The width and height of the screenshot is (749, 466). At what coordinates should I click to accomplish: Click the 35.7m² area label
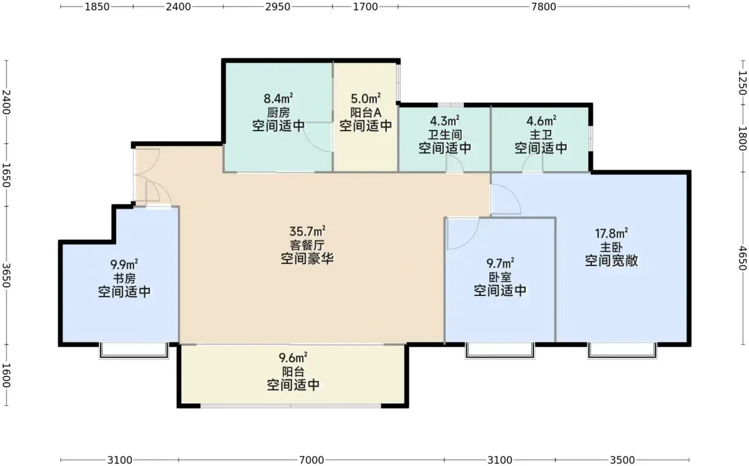307,231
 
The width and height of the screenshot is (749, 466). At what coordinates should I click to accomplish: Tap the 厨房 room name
278,112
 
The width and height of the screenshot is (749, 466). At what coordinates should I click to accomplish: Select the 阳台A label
366,112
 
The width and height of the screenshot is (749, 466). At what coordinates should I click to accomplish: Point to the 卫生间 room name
445,135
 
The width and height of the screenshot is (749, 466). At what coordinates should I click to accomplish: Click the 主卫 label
541,135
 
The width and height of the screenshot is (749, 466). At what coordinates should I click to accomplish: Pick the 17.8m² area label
611,233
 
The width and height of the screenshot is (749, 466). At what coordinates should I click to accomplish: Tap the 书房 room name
124,278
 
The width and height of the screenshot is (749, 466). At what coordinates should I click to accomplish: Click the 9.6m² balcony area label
293,358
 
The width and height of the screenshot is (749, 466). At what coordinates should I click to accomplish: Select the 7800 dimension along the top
544,6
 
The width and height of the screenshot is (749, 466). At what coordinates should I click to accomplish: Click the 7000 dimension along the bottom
311,460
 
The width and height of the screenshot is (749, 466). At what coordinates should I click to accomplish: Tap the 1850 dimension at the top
97,6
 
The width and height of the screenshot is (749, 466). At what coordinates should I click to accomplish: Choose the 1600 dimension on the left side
6,376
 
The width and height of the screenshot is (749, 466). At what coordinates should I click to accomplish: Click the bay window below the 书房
134,351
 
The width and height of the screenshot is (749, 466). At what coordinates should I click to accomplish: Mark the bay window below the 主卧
622,351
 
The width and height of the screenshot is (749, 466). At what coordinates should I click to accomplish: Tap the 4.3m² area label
445,121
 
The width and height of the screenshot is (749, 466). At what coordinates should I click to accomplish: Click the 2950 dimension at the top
278,6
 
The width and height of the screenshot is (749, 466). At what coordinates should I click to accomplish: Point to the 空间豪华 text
307,259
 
